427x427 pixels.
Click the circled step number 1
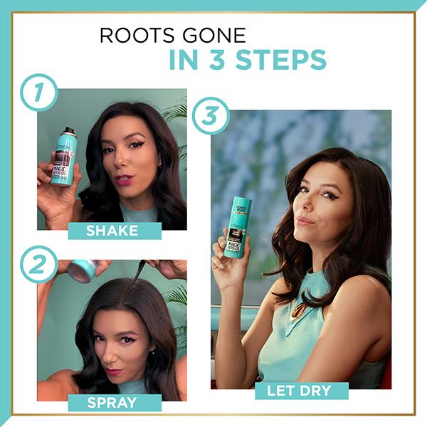(38, 93)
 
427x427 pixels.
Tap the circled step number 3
(211, 116)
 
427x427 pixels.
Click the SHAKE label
(112, 231)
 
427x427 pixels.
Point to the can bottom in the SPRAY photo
(83, 270)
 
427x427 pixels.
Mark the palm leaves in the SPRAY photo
(176, 299)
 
